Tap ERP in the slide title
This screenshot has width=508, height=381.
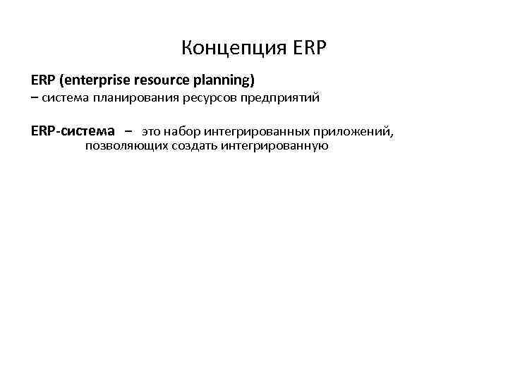click(306, 49)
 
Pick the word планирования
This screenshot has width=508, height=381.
click(129, 98)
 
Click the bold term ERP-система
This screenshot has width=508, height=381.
click(73, 131)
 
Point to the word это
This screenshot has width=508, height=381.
click(152, 132)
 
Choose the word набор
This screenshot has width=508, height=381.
click(183, 132)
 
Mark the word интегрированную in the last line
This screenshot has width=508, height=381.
click(274, 146)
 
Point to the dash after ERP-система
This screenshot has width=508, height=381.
click(128, 132)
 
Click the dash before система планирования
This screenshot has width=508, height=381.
click(35, 98)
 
